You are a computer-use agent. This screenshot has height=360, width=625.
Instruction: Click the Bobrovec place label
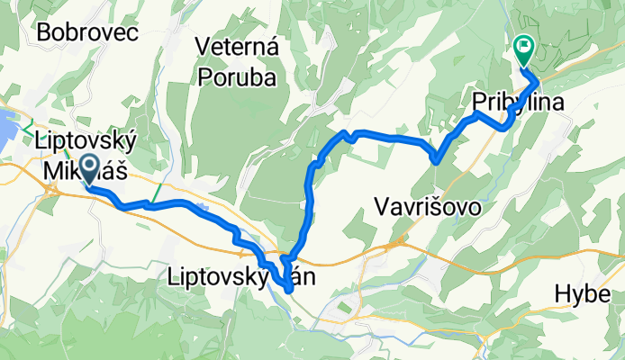pos(86,33)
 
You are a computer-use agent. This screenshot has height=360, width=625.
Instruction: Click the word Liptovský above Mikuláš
pos(86,141)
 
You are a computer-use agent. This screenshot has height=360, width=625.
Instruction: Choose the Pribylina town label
pos(519,103)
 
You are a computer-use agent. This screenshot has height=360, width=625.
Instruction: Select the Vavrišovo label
pos(424,208)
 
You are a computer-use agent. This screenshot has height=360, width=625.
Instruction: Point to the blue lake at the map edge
pos(6,127)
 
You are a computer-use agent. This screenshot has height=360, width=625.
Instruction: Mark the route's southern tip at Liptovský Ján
pos(288,289)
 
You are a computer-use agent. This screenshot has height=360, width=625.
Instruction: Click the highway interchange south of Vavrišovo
pos(394,243)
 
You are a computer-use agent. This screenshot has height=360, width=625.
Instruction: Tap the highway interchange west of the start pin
pos(57,189)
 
